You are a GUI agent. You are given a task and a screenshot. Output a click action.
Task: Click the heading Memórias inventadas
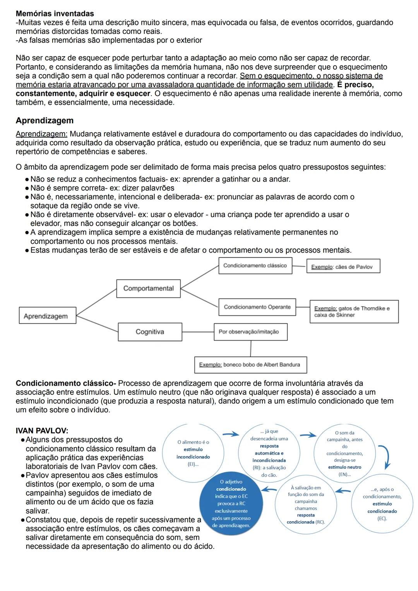coord(55,14)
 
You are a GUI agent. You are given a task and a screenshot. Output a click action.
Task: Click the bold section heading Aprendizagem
coord(45,121)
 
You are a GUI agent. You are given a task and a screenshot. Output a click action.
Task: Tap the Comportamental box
coord(148,288)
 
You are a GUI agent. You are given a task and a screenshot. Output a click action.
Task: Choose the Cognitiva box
coord(150,332)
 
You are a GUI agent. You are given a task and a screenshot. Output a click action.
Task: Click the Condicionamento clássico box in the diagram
coord(255,266)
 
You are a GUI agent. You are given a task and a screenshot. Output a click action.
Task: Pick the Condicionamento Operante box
coord(257,307)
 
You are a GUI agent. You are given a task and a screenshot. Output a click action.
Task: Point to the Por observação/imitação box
coord(250,332)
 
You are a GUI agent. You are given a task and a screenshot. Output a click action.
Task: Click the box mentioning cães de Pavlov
coord(343,267)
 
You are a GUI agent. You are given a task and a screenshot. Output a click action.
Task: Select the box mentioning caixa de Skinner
coord(354,312)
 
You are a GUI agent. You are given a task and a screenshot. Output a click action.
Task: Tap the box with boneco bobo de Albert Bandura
coord(250,365)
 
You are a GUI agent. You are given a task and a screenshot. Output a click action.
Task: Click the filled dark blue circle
coord(231,504)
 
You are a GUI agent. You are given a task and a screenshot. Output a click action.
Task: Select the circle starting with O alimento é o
coord(193,453)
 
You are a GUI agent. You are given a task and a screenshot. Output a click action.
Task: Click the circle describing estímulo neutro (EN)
coord(344,453)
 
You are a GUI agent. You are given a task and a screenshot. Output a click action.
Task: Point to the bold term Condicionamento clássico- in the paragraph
coord(66,383)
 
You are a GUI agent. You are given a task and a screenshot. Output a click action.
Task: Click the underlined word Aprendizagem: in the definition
coord(41,134)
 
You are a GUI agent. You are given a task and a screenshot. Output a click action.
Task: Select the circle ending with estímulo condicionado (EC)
coord(382,504)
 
